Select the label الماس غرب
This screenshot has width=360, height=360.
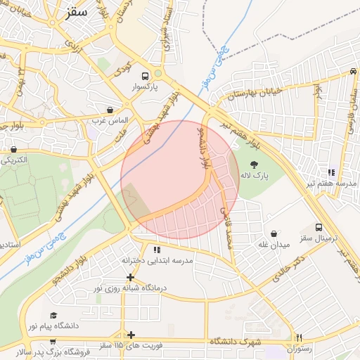[x=107, y=121]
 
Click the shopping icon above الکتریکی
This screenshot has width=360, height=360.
[x=14, y=149]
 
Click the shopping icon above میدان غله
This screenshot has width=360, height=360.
[x=274, y=233]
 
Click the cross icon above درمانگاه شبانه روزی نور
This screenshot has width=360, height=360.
[x=130, y=277]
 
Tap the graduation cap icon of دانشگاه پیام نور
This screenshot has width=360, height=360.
[x=53, y=316]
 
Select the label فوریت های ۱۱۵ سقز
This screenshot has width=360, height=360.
[x=131, y=345]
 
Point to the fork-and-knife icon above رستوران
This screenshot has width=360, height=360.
[x=300, y=337]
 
